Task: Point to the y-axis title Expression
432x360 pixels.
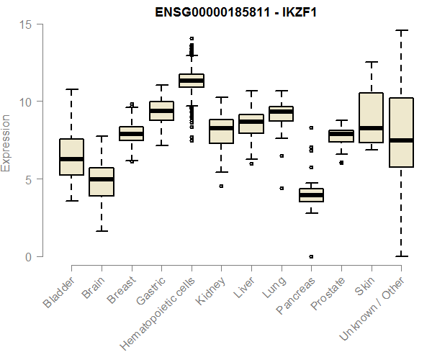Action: (x=6, y=142)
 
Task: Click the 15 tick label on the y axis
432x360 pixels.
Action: (x=26, y=24)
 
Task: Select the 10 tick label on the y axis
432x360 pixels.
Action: (x=26, y=102)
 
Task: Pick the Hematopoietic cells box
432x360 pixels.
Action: (x=192, y=80)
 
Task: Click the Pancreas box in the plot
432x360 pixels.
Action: (x=311, y=195)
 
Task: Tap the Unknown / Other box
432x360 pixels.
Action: (x=401, y=132)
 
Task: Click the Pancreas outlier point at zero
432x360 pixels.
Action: (x=311, y=256)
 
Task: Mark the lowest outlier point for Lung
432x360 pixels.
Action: (x=282, y=188)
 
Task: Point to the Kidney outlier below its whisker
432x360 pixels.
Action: (x=221, y=186)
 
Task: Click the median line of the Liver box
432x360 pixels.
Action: (x=251, y=122)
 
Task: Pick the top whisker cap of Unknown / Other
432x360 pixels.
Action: (x=401, y=30)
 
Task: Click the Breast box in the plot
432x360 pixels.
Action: (x=131, y=134)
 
